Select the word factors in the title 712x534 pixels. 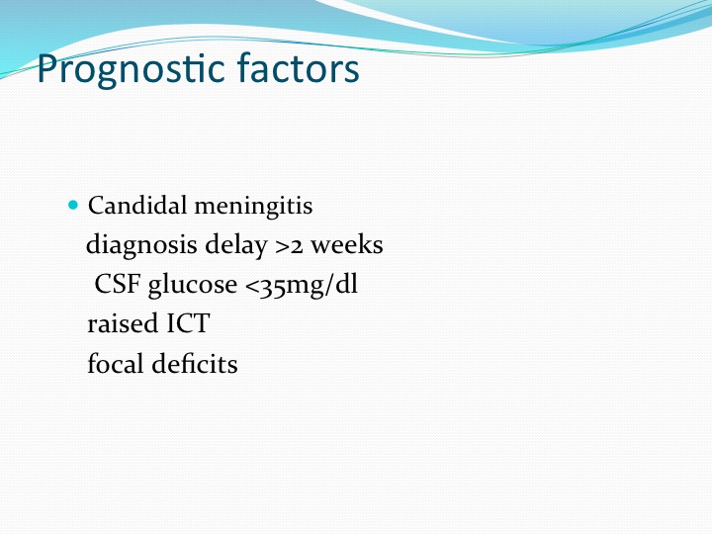[299, 67]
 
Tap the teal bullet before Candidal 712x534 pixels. [73, 205]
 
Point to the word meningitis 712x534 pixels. [253, 206]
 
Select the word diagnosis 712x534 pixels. [141, 245]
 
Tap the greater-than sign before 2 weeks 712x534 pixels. [282, 247]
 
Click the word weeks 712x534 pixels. [347, 244]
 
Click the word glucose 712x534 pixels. [193, 285]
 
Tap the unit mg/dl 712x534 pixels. [321, 286]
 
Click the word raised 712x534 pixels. [123, 323]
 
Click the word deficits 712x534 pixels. [195, 363]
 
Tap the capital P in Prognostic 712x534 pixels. [47, 68]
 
